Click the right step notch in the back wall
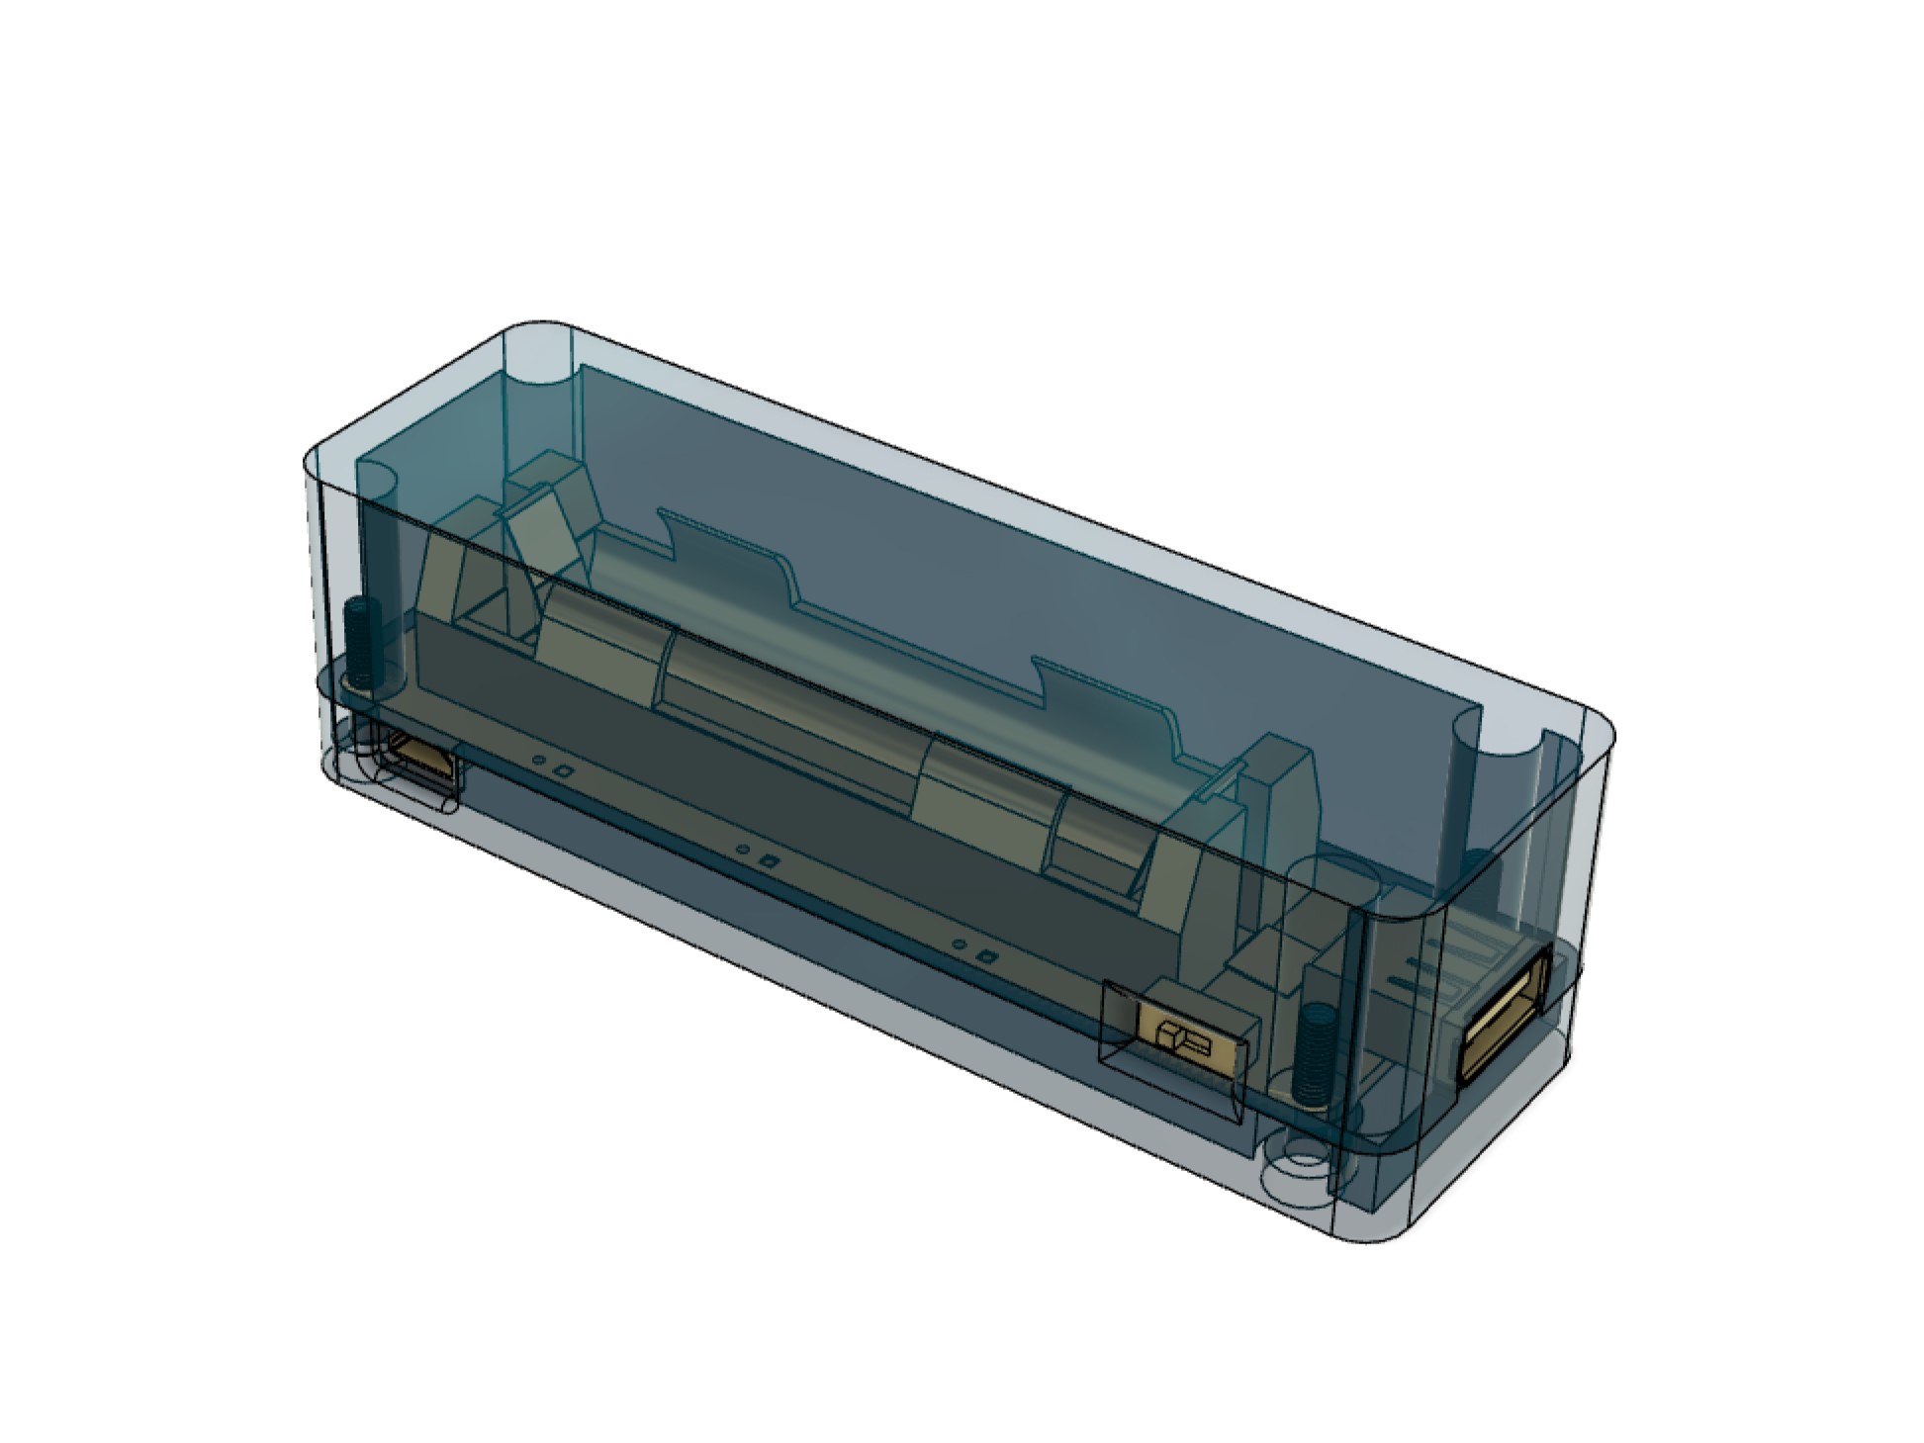(1039, 682)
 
